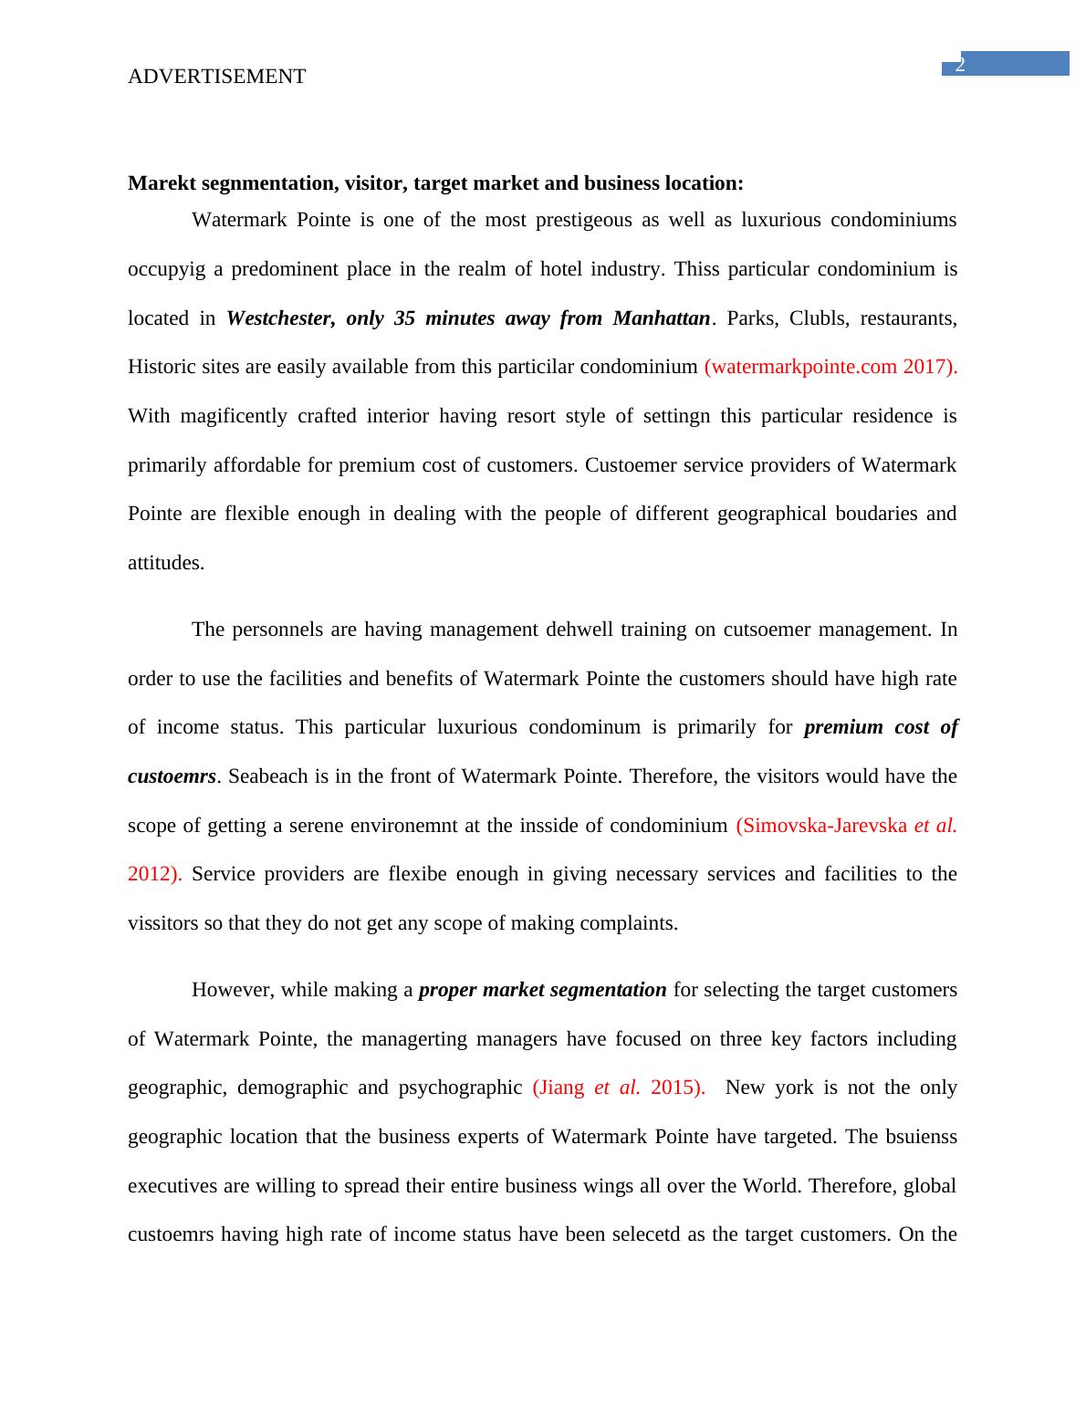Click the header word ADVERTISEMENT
pos(216,77)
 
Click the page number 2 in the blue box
pos(960,65)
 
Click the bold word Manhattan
pos(661,318)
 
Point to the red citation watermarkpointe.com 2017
pos(830,367)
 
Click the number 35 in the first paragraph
pos(405,318)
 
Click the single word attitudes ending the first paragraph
pos(165,563)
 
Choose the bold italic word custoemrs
pos(172,776)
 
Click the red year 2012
pos(151,874)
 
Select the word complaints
pos(632,923)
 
